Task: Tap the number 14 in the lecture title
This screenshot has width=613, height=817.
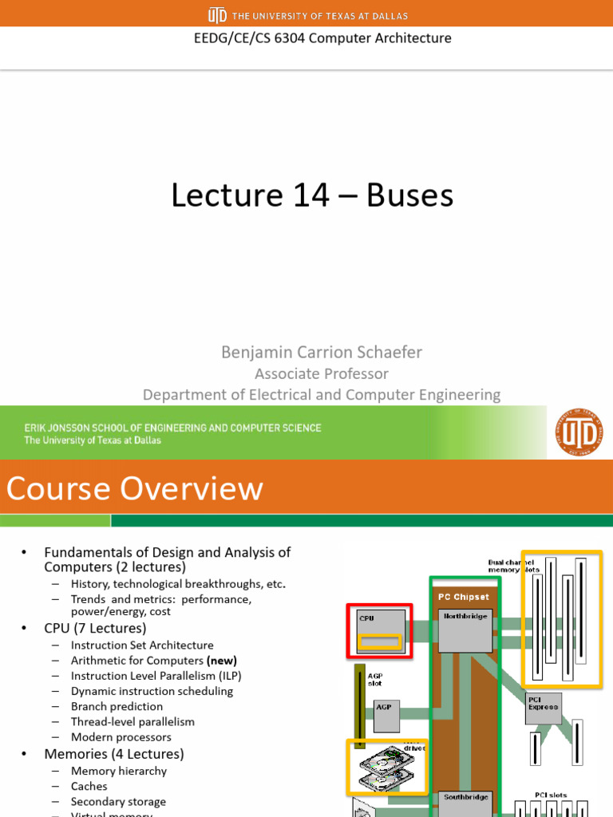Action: click(x=319, y=195)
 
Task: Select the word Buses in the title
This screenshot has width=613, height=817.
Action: click(x=409, y=195)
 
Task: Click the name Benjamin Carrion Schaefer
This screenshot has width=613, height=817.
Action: click(x=322, y=352)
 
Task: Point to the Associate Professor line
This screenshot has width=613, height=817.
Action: click(x=322, y=373)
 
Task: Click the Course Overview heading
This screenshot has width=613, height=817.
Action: click(x=135, y=487)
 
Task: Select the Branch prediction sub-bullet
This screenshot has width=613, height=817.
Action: click(x=117, y=706)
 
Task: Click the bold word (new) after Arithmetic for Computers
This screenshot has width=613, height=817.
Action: click(x=222, y=661)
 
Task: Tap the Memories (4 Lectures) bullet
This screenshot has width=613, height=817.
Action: click(x=113, y=754)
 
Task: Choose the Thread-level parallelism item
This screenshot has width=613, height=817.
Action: click(x=132, y=721)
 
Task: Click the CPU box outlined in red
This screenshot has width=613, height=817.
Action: click(x=379, y=630)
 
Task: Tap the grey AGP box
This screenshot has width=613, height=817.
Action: click(x=386, y=716)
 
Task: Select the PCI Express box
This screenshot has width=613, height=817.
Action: click(x=544, y=707)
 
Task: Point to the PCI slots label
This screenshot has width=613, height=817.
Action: click(x=552, y=795)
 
